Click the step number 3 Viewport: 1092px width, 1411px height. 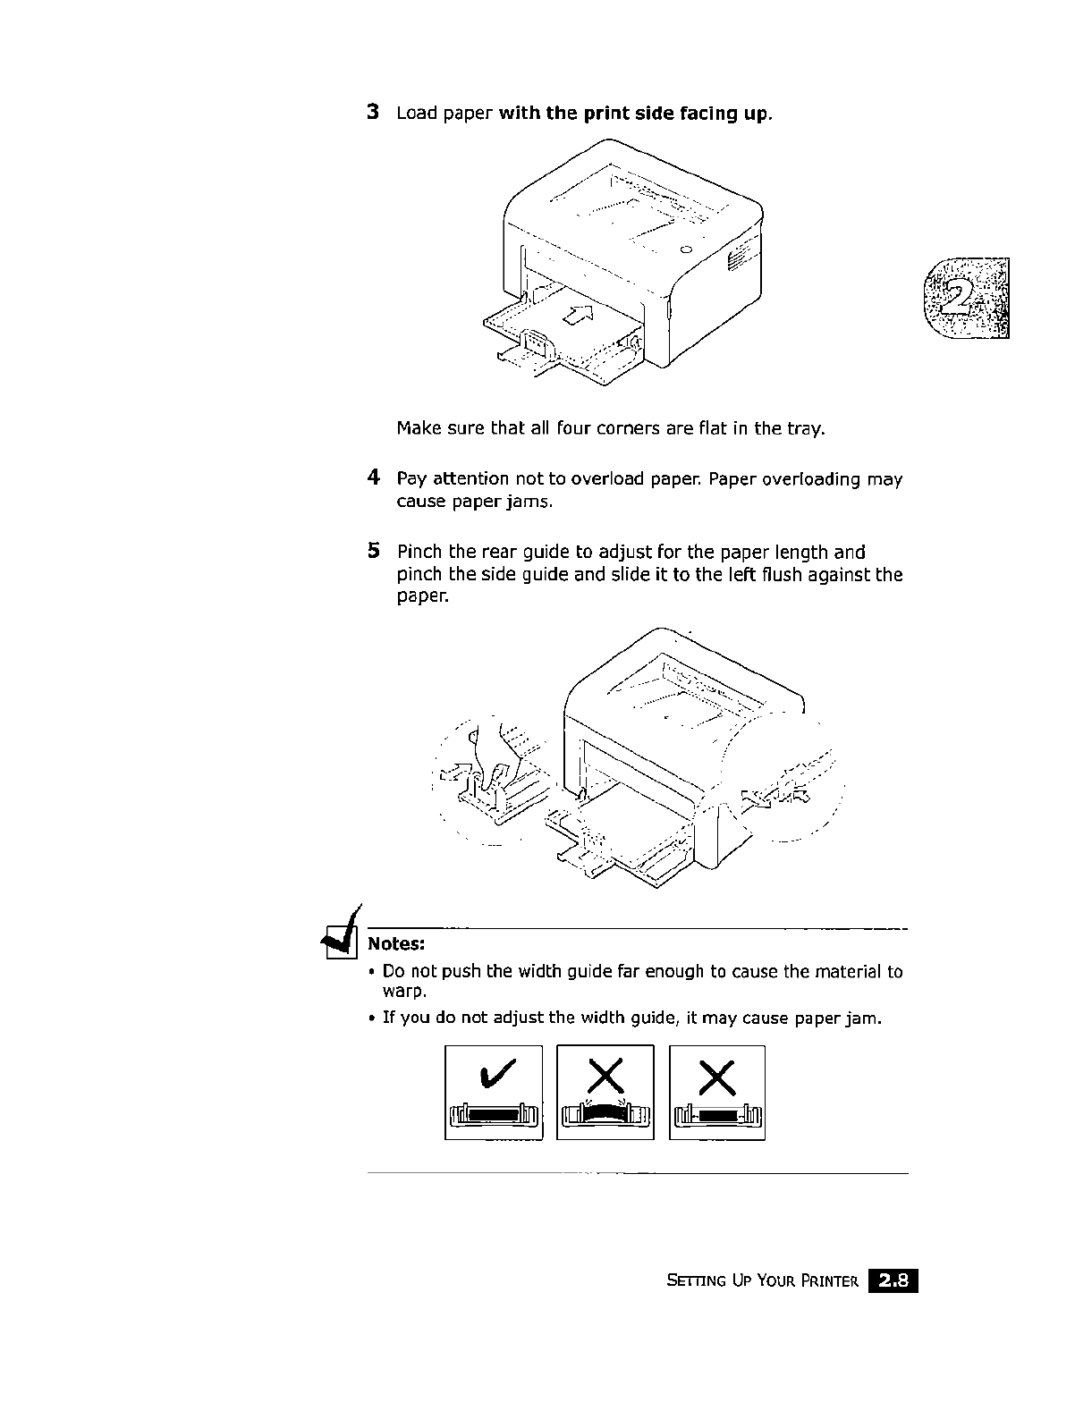click(x=374, y=114)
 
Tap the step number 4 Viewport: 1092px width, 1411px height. click(x=374, y=478)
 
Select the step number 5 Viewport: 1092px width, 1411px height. click(x=374, y=551)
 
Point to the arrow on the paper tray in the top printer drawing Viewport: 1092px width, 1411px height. click(x=580, y=313)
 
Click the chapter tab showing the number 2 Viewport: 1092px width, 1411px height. click(x=969, y=298)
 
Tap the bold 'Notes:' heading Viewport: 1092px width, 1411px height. click(x=396, y=944)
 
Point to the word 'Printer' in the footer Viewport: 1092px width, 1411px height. click(x=827, y=1282)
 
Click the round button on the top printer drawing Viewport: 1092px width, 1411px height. click(x=686, y=248)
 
